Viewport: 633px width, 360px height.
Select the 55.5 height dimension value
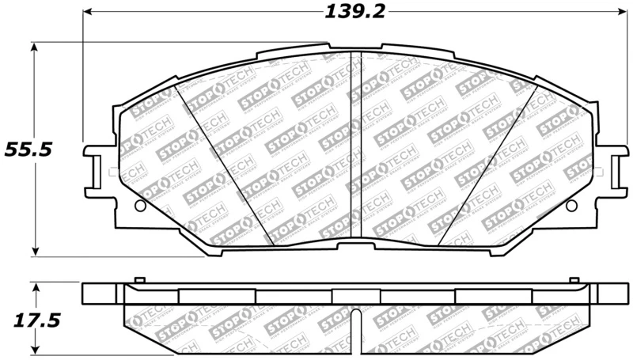click(x=28, y=149)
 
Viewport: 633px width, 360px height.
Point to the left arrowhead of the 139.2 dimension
click(x=89, y=13)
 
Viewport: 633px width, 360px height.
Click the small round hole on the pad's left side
click(x=140, y=206)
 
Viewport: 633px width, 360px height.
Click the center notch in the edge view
click(x=355, y=324)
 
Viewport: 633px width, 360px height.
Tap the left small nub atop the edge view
click(x=139, y=280)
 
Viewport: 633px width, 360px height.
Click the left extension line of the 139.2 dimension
click(x=83, y=79)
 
